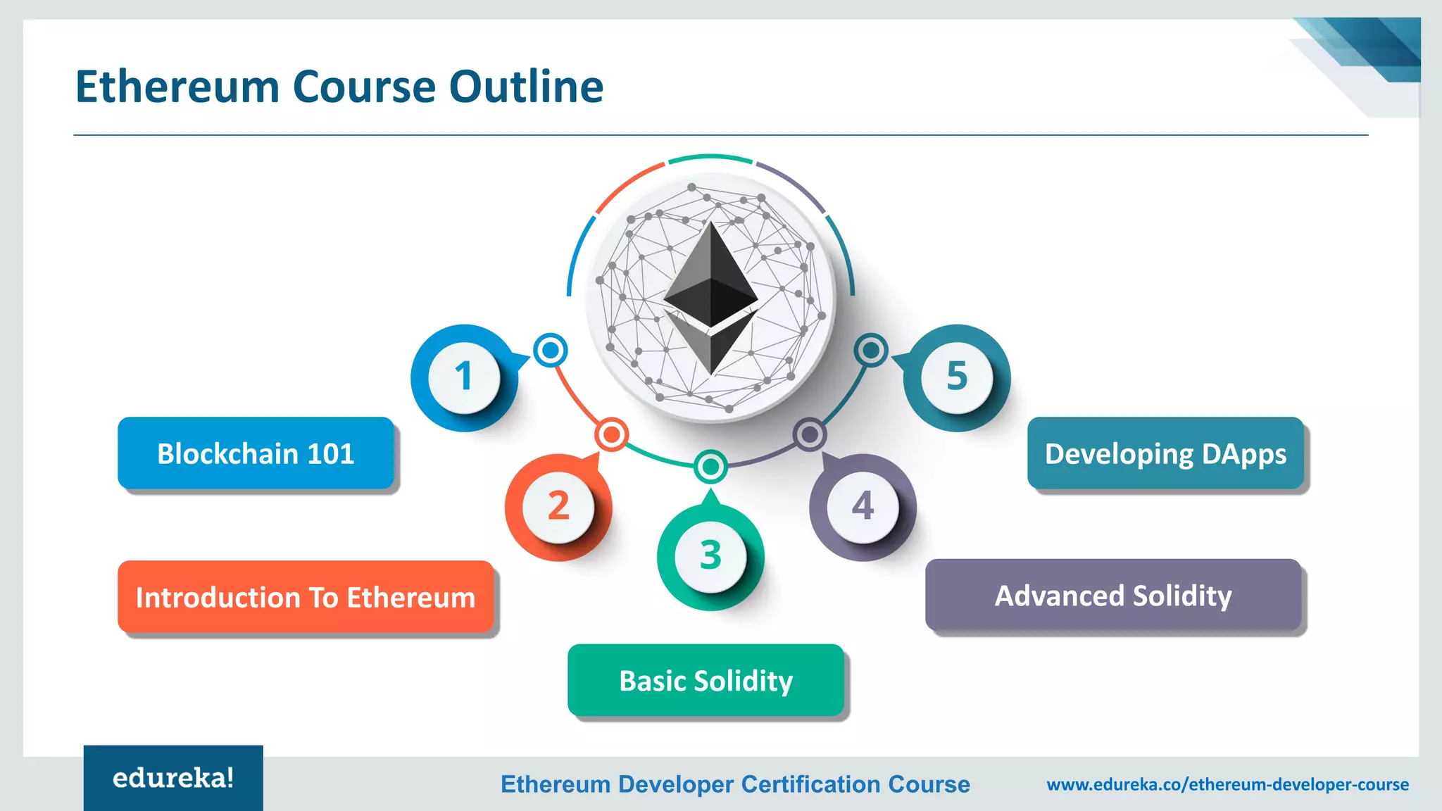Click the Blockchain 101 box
pyautogui.click(x=256, y=453)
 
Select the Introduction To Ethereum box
pyautogui.click(x=306, y=597)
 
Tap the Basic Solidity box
pyautogui.click(x=706, y=680)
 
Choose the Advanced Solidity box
pyautogui.click(x=1112, y=596)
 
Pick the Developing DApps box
pyautogui.click(x=1165, y=453)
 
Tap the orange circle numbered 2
pyautogui.click(x=558, y=507)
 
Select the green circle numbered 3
pyautogui.click(x=710, y=556)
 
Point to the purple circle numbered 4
pyautogui.click(x=863, y=507)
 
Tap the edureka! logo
pyautogui.click(x=173, y=778)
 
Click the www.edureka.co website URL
pyautogui.click(x=1227, y=784)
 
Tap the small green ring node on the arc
pyautogui.click(x=710, y=466)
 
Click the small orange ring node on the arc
pyautogui.click(x=611, y=434)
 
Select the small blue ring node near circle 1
pyautogui.click(x=551, y=350)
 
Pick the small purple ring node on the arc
pyautogui.click(x=810, y=434)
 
